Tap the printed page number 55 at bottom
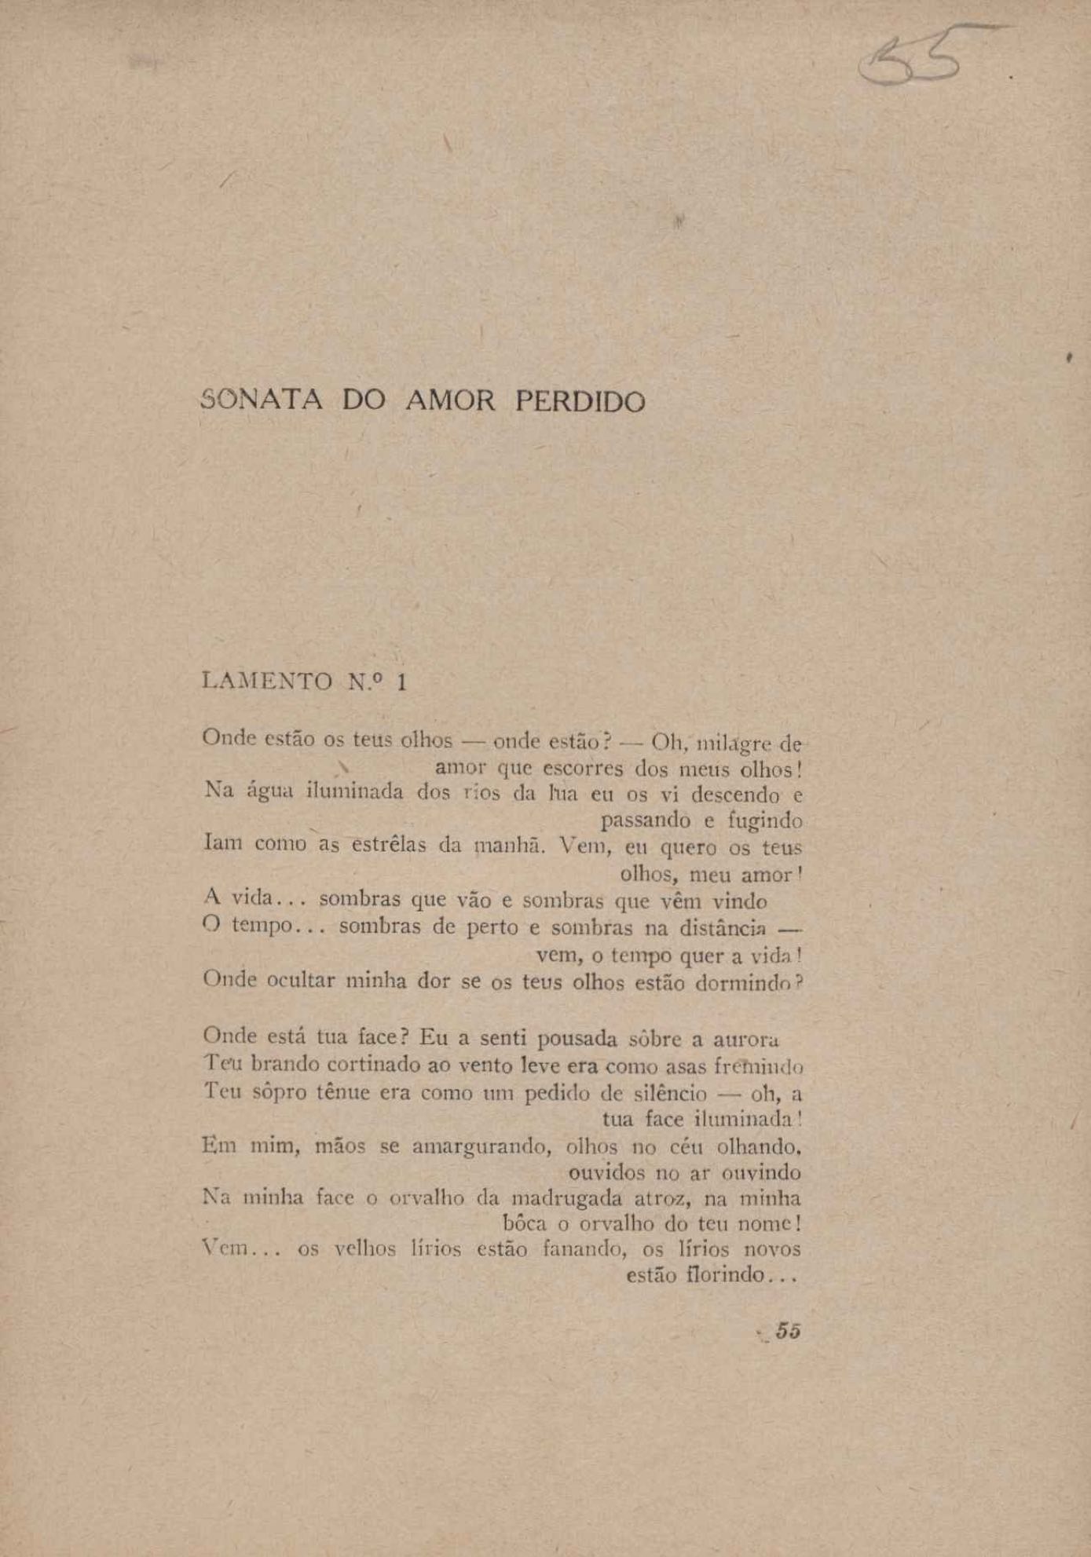click(788, 1331)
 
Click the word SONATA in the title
click(262, 400)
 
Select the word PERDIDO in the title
click(580, 402)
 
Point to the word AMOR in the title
click(451, 401)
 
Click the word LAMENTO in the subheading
click(267, 681)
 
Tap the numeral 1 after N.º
click(402, 682)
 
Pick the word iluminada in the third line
click(355, 791)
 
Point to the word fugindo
click(764, 821)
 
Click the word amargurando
click(478, 1146)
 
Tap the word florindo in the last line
click(726, 1274)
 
